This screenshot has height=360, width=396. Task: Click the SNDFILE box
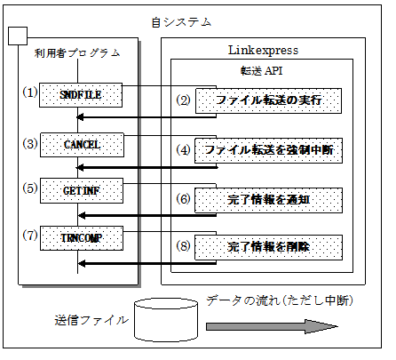click(81, 95)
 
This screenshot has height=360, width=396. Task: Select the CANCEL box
click(82, 145)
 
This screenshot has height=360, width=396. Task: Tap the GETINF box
click(82, 191)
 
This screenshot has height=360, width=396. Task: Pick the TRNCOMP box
click(82, 238)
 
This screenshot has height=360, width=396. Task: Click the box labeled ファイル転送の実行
click(268, 100)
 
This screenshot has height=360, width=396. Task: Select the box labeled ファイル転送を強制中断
click(268, 150)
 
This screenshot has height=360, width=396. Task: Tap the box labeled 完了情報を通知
click(268, 200)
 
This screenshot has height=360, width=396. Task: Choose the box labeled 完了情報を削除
click(268, 247)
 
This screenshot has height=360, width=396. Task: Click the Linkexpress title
click(263, 51)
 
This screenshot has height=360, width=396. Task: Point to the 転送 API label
click(261, 71)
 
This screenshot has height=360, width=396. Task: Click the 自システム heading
click(181, 22)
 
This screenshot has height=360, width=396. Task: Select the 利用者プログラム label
click(77, 53)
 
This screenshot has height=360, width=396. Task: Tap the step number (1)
click(30, 92)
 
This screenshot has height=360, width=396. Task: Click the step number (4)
click(183, 150)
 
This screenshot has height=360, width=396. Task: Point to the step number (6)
click(183, 199)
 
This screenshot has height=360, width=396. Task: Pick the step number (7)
click(30, 236)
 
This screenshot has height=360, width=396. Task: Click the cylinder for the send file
click(166, 320)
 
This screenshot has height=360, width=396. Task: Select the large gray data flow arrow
click(272, 326)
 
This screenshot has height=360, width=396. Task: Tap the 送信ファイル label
click(91, 320)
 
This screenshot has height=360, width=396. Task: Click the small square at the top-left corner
click(18, 36)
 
